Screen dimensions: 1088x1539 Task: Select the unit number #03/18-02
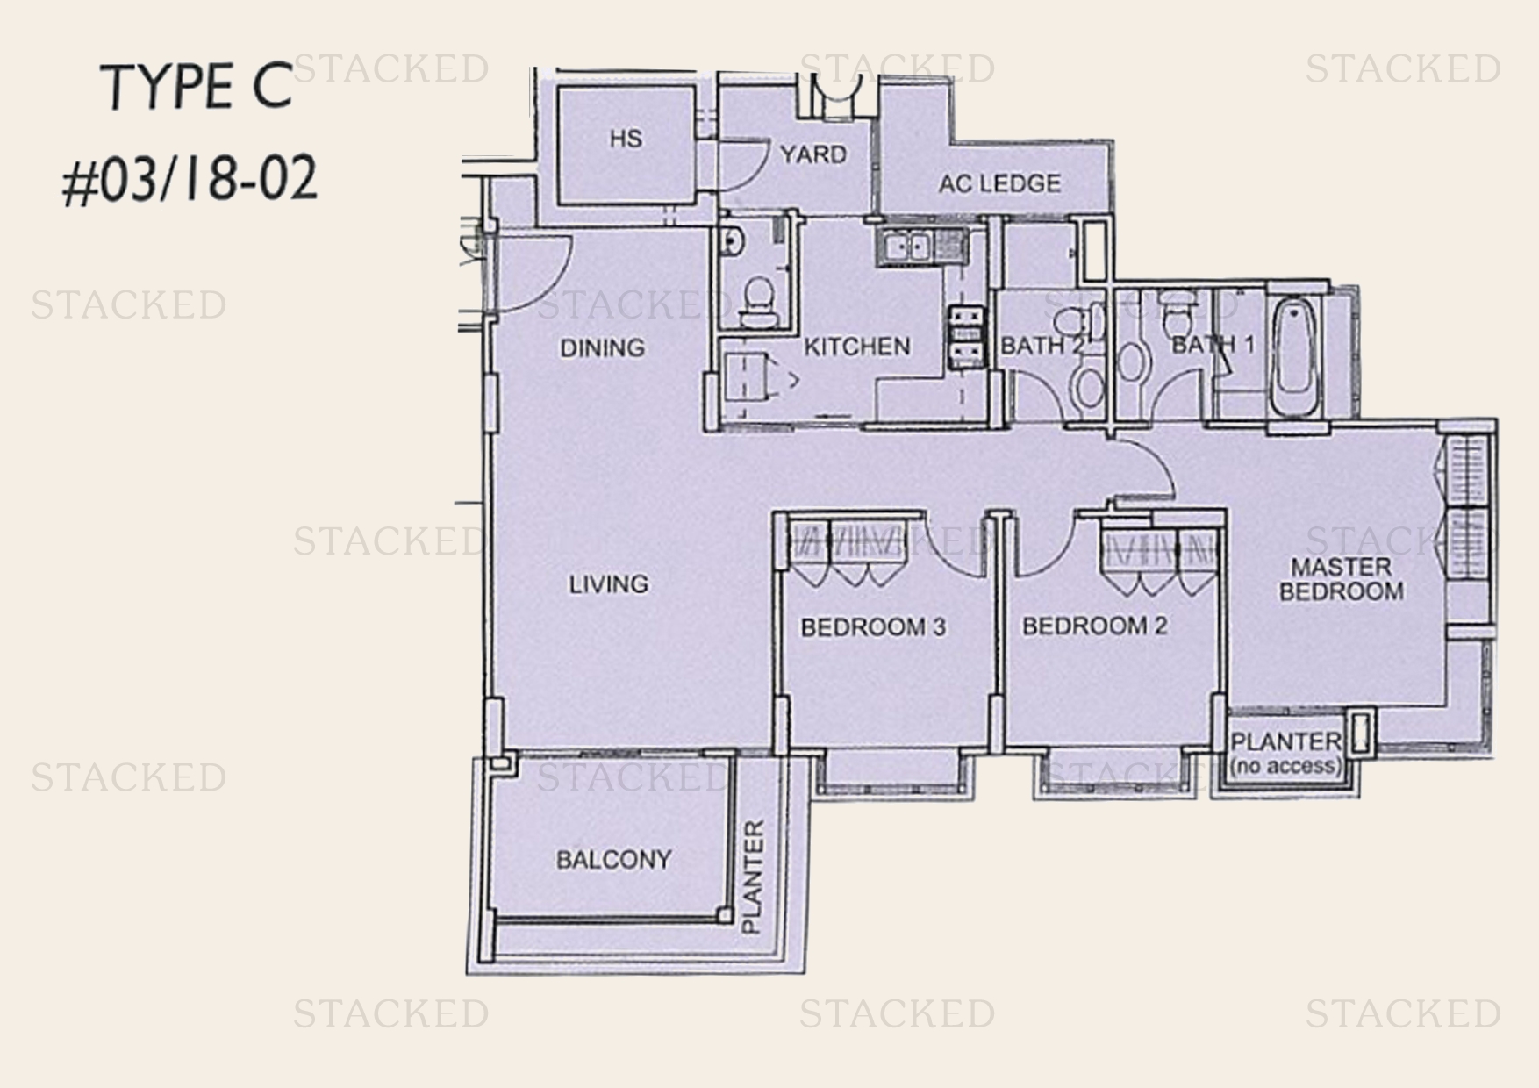click(x=189, y=181)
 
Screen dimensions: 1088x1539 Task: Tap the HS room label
click(x=626, y=139)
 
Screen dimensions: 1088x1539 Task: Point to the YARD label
click(x=813, y=154)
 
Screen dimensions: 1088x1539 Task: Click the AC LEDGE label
click(x=999, y=183)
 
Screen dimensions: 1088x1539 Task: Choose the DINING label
click(x=602, y=347)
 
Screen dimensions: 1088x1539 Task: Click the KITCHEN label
click(x=857, y=347)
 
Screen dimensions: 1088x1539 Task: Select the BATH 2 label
click(x=1042, y=346)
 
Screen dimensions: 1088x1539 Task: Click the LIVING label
click(x=608, y=583)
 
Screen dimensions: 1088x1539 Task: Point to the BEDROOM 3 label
click(x=873, y=626)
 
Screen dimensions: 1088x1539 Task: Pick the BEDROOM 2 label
click(x=1094, y=626)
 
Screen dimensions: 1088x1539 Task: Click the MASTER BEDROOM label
click(x=1341, y=579)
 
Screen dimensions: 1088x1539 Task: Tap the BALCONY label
click(x=614, y=859)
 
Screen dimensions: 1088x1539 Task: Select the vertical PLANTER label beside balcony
click(x=753, y=877)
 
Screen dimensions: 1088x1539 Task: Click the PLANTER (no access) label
click(x=1285, y=753)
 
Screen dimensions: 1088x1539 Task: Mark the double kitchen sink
click(x=906, y=246)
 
